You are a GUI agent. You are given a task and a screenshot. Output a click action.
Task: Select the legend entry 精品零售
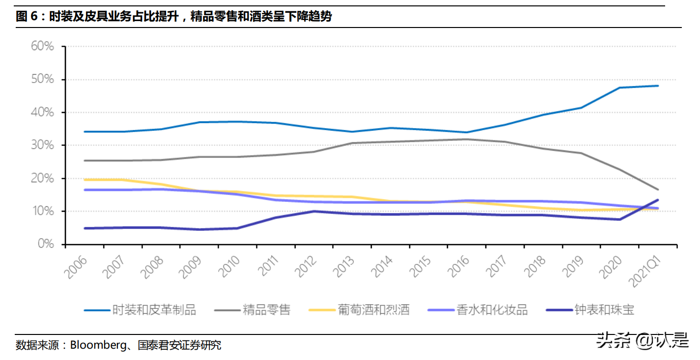point(267,310)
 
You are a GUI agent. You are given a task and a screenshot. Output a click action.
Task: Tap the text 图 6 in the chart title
point(27,17)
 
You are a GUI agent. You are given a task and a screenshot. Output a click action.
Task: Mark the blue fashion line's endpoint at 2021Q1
point(658,86)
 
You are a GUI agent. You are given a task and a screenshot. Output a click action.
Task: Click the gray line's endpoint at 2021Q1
point(658,190)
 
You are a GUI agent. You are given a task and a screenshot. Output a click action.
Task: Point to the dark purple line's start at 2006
point(85,228)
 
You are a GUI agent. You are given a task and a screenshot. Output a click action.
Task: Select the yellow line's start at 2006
point(85,180)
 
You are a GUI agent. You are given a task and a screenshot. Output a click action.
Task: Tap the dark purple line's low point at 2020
point(620,219)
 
